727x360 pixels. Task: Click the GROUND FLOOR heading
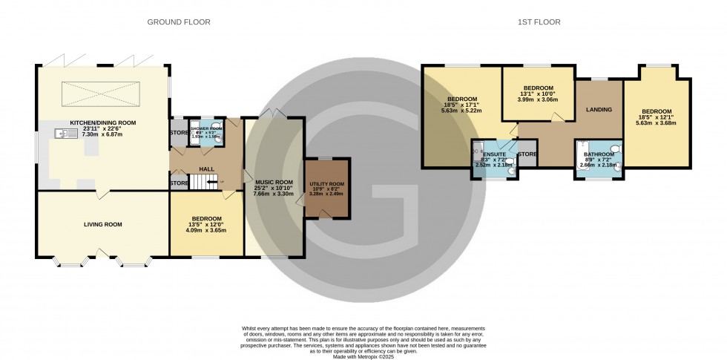pos(179,22)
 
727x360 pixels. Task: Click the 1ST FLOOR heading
pos(539,22)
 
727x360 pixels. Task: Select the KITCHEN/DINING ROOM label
pos(102,122)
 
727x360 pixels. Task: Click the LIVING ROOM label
pos(102,224)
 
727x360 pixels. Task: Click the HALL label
pos(206,169)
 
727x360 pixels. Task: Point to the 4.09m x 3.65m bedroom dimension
pos(206,230)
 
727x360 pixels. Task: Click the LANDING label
pos(599,110)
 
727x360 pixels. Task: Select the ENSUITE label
pos(494,154)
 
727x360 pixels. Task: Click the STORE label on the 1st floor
pos(527,154)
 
